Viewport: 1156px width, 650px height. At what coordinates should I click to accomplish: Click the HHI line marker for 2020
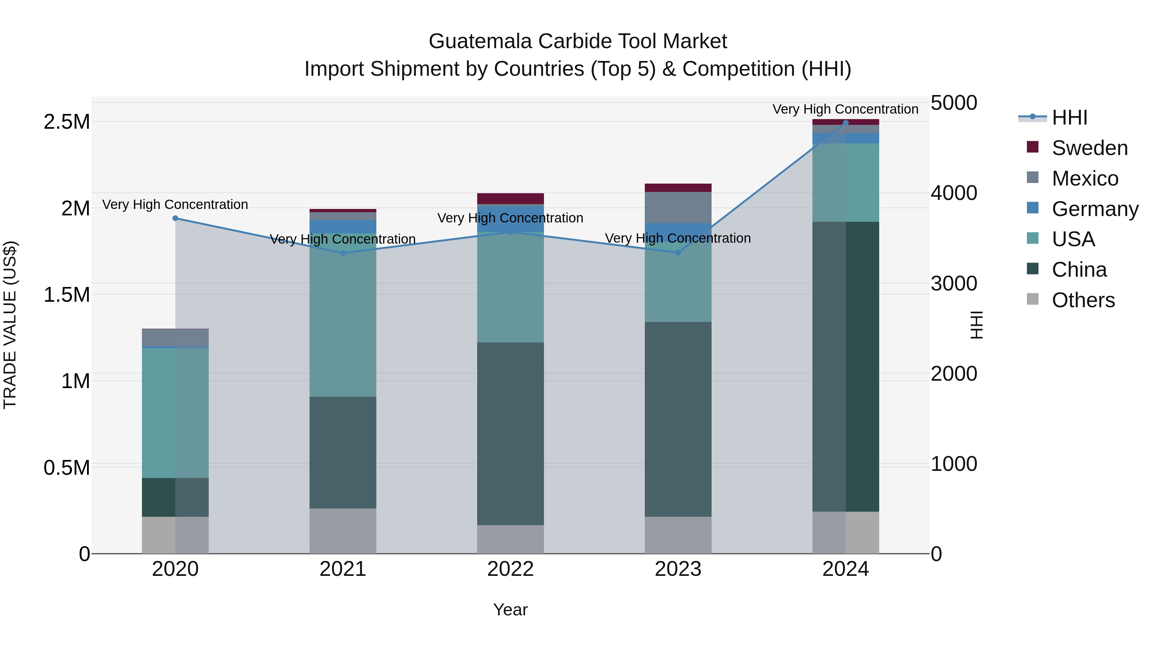pos(175,219)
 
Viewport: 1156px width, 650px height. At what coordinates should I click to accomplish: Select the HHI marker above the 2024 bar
pos(845,123)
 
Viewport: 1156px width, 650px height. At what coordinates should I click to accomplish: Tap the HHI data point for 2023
pos(678,253)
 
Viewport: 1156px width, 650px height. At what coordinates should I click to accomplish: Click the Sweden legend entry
pos(1089,148)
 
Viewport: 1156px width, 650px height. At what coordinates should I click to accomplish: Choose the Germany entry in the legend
pos(1095,209)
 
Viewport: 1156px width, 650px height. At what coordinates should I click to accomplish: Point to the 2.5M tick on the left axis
pos(66,122)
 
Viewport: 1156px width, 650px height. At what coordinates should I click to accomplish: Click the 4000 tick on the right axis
pos(954,193)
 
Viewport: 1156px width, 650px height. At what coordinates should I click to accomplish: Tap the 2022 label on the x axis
pos(510,569)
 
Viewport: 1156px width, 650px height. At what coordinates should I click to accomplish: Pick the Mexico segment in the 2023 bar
pos(678,207)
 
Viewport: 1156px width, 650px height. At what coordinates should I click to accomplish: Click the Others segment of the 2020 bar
pos(175,535)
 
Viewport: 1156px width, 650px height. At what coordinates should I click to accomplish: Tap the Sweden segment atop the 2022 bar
pos(510,198)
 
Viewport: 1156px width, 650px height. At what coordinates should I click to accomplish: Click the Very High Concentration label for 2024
pos(845,109)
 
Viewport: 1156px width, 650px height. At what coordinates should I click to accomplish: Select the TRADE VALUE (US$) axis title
pos(10,325)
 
